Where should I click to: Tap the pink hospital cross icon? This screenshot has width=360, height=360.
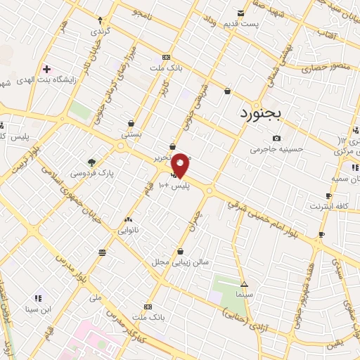point(47,69)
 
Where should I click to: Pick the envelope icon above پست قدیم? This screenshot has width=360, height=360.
point(241,12)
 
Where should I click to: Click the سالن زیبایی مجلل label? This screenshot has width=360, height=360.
point(181,262)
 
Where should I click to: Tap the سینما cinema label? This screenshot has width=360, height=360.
point(244,295)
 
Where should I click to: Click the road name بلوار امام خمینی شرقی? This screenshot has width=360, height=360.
point(271,221)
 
